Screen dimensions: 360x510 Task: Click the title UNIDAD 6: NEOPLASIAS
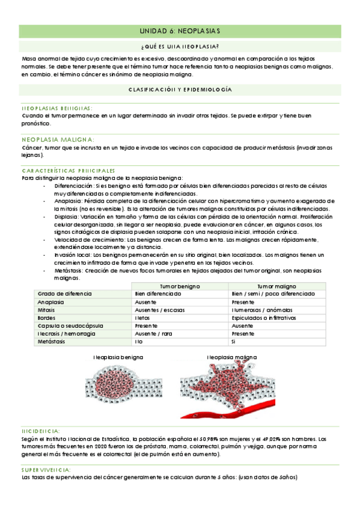point(180,31)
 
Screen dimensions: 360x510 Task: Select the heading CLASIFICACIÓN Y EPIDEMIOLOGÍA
point(180,89)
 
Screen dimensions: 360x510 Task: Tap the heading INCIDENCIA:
point(40,431)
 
